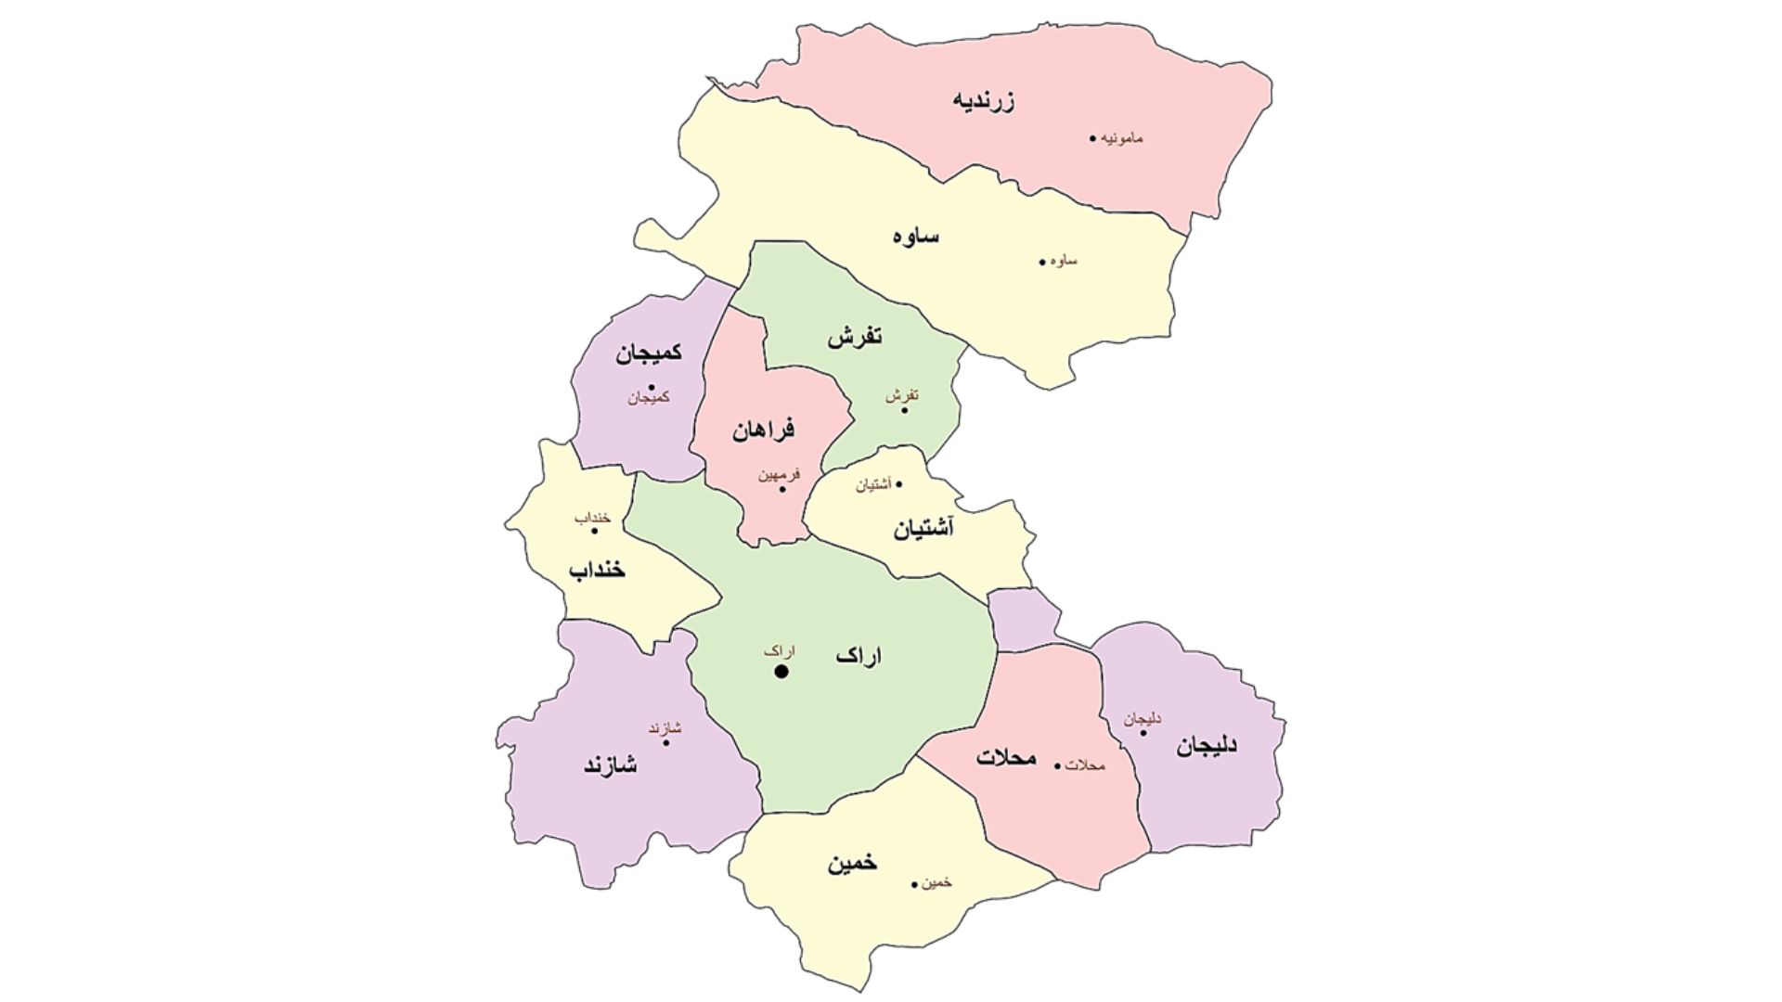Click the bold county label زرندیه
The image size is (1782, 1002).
pos(984,100)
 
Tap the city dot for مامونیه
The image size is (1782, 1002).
pos(1093,139)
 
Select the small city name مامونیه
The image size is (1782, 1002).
pos(1123,138)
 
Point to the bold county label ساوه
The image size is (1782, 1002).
pos(916,236)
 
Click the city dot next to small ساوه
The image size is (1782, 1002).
pos(1042,262)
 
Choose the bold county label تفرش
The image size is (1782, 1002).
pos(855,337)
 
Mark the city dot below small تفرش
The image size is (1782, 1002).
pos(905,409)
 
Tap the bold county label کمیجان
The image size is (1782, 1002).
pos(648,353)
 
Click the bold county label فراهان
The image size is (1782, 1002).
pos(763,430)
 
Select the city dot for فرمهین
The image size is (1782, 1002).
pos(782,489)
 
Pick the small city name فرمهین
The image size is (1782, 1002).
pos(778,475)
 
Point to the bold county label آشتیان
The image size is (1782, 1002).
pos(923,530)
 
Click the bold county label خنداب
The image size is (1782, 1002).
pos(597,570)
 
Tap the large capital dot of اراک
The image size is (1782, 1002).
pos(781,672)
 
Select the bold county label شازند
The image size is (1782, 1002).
pos(610,764)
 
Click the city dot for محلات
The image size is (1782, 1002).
pos(1057,766)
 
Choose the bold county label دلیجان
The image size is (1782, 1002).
pos(1207,746)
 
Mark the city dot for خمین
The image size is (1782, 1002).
pos(914,884)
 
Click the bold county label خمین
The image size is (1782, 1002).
pos(852,863)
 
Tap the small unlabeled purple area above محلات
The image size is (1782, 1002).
pos(1023,619)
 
